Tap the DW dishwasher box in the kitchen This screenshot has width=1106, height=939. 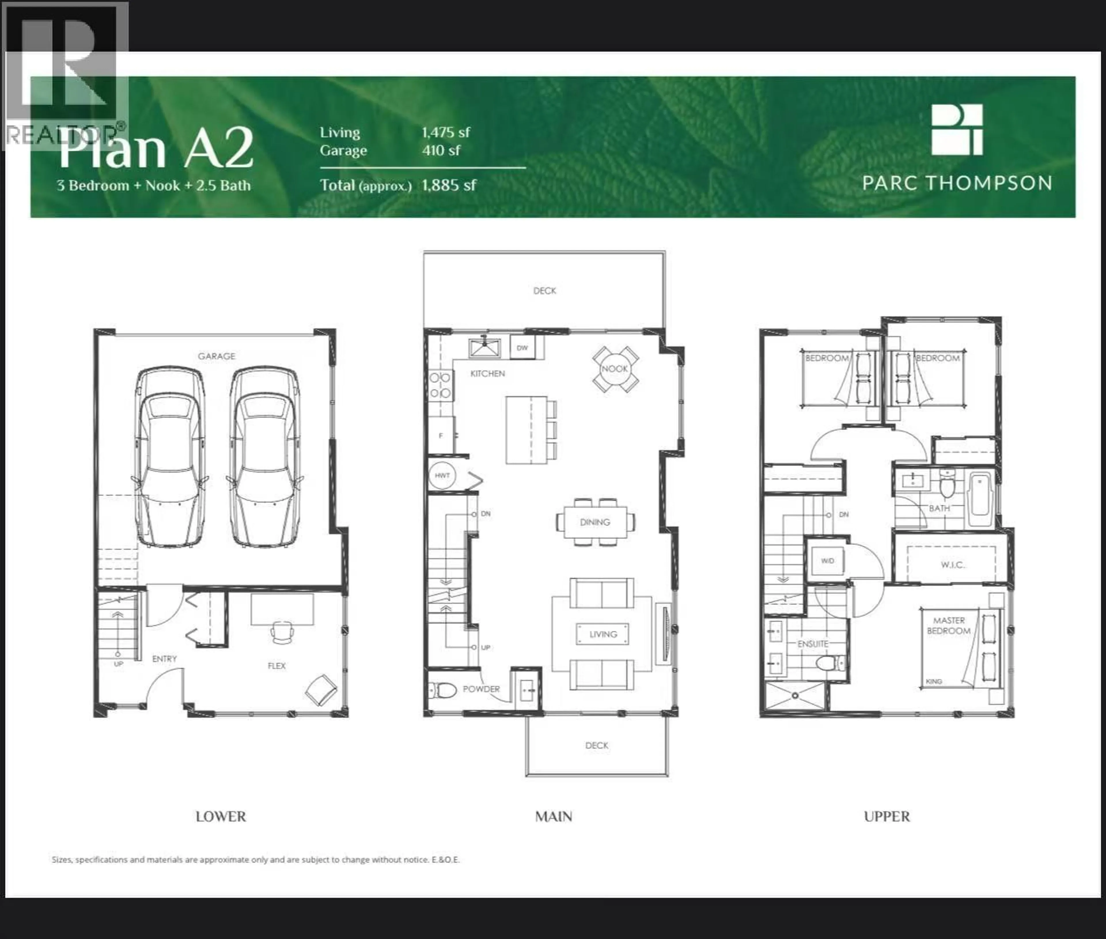click(522, 348)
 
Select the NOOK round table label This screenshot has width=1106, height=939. click(615, 368)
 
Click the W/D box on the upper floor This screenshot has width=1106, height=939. click(827, 561)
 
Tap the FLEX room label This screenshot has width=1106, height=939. click(276, 665)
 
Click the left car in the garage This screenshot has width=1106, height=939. click(170, 457)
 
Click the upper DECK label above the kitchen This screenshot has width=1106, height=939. click(544, 291)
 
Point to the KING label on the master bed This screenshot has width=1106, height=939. click(933, 681)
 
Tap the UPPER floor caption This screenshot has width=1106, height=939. click(887, 817)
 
